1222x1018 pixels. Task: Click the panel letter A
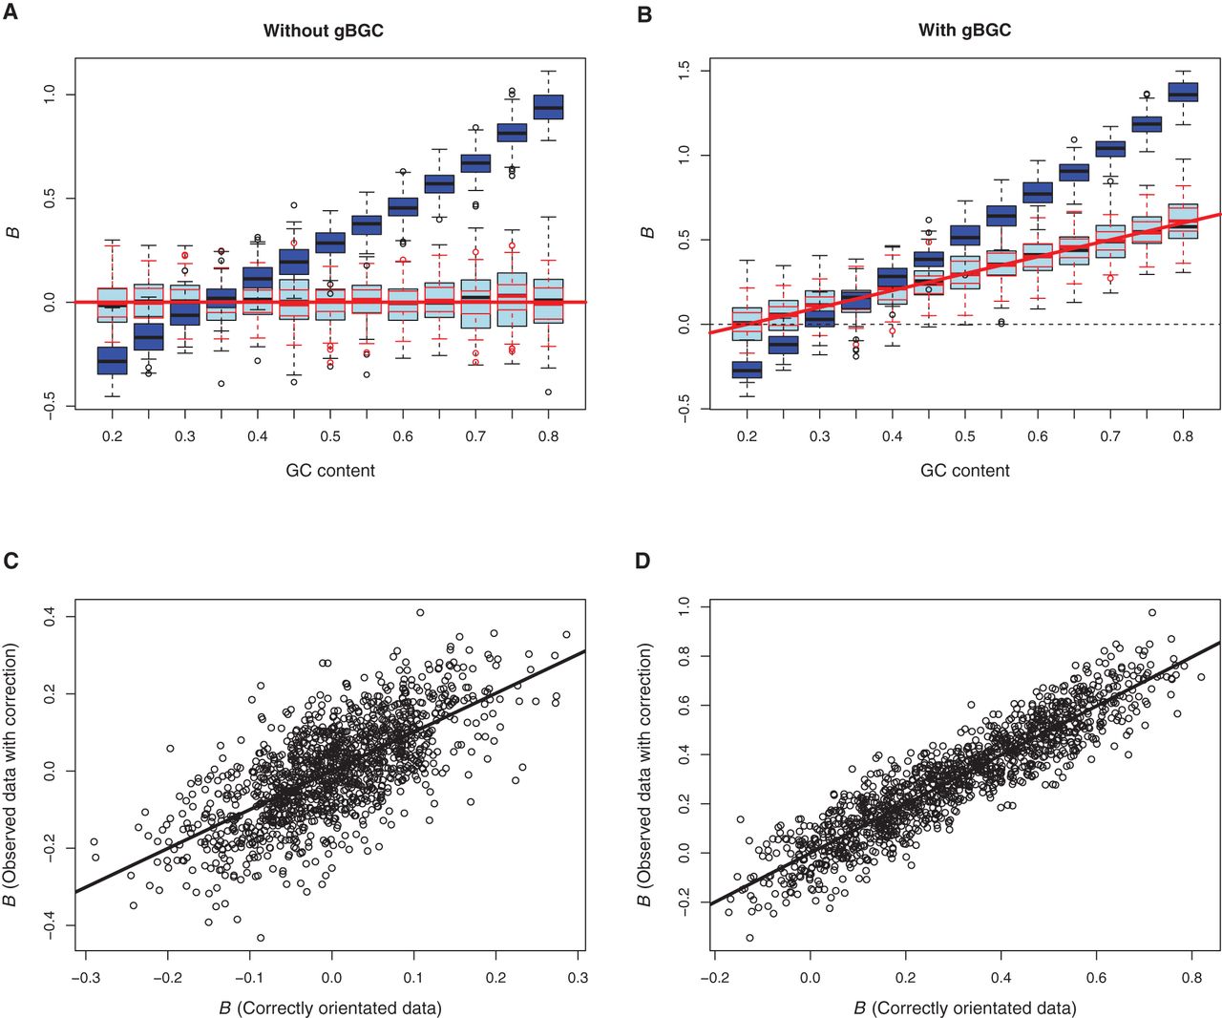point(10,11)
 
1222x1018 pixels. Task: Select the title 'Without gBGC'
point(323,31)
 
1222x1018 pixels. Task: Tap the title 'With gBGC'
point(964,30)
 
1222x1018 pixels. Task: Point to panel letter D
point(643,561)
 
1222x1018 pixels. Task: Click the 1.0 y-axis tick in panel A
point(50,95)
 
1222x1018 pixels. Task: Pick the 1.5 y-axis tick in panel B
point(685,72)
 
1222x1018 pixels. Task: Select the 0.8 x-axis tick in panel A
point(548,436)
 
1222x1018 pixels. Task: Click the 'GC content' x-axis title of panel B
point(964,470)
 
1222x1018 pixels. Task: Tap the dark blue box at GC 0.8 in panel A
point(548,107)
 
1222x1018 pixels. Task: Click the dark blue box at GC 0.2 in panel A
point(112,361)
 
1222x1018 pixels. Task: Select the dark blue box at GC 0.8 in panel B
point(1183,92)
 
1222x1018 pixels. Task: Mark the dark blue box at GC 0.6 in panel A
point(403,206)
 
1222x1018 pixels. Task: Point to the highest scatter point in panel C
point(420,613)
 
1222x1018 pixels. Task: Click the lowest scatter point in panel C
point(261,938)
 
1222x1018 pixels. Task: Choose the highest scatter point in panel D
point(1152,613)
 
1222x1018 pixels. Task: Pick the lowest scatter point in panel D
point(749,938)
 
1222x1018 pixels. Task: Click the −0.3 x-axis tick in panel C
point(86,978)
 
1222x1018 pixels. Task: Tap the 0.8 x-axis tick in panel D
point(1192,978)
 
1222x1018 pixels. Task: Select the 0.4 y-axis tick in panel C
point(50,616)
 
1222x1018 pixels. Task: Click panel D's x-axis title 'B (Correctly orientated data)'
point(965,1008)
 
